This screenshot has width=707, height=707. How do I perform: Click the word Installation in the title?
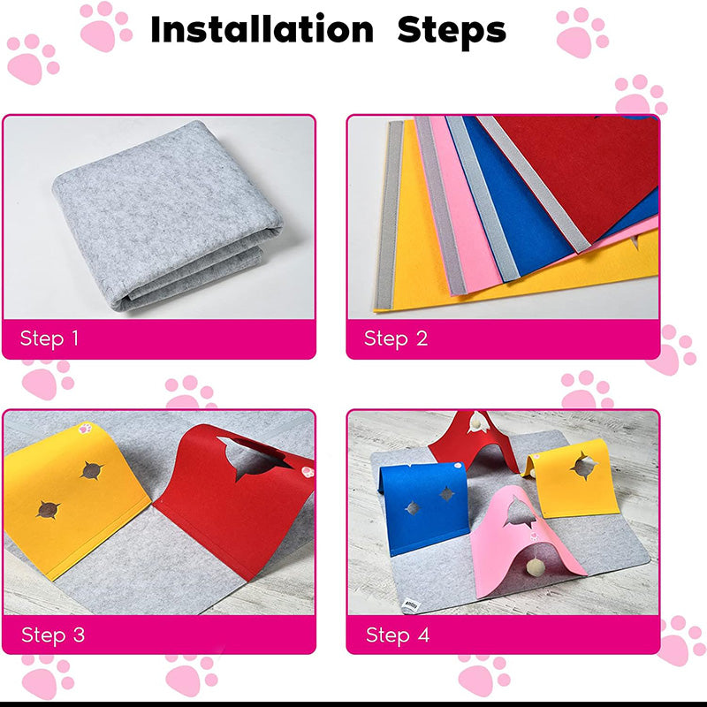click(262, 29)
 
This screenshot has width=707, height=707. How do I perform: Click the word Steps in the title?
click(452, 30)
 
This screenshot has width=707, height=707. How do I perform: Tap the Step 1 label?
click(49, 338)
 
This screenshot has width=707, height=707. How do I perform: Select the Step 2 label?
click(396, 338)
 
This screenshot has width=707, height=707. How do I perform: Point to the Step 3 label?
click(53, 635)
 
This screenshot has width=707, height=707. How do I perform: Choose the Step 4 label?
click(397, 635)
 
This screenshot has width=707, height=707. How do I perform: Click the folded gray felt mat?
click(167, 217)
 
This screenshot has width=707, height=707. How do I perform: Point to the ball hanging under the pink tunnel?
click(535, 566)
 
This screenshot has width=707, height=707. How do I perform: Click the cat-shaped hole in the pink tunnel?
click(519, 510)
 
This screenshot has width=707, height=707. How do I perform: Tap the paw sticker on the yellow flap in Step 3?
click(85, 428)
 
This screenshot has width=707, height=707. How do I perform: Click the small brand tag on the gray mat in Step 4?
click(411, 604)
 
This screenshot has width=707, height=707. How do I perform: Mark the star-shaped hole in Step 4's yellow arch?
click(583, 466)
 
